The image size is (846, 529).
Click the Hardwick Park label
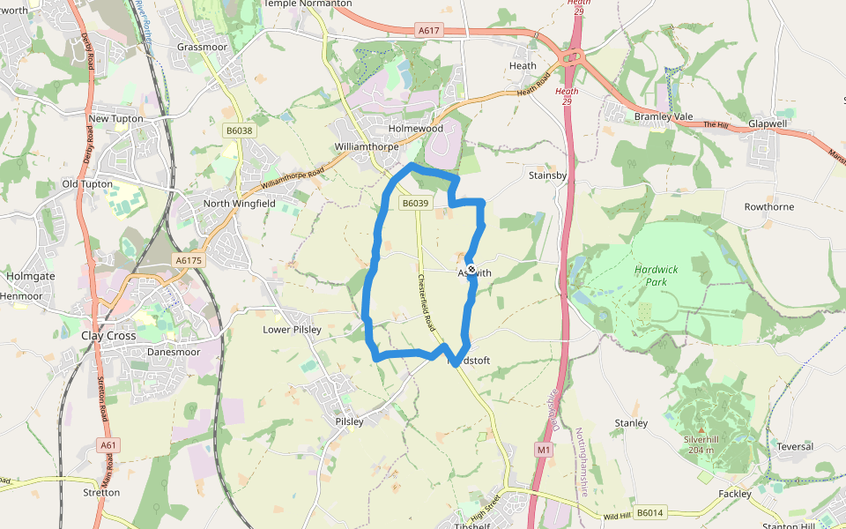[651, 275]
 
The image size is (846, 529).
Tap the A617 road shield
[429, 31]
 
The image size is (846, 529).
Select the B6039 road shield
[415, 204]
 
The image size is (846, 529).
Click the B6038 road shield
[239, 130]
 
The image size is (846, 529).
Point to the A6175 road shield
[189, 260]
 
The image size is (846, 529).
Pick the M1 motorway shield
[544, 450]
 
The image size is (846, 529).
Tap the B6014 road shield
[649, 512]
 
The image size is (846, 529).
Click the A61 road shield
[108, 445]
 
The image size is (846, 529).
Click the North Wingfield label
[240, 204]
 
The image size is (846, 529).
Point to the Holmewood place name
[416, 129]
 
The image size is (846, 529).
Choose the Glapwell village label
[768, 124]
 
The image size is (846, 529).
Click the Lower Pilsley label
[293, 330]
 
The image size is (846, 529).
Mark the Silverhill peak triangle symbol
[701, 429]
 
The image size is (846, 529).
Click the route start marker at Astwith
[471, 270]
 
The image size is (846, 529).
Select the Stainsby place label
[547, 175]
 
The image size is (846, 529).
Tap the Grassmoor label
[202, 46]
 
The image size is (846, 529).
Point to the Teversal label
[794, 447]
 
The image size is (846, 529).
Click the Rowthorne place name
[768, 207]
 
